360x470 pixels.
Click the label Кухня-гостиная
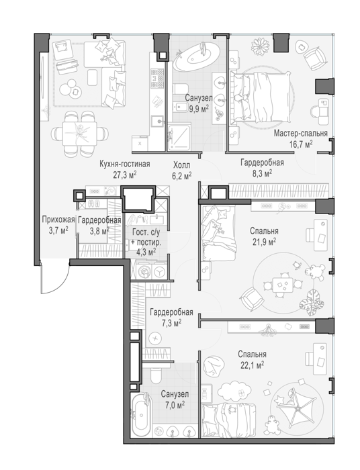pyautogui.click(x=125, y=164)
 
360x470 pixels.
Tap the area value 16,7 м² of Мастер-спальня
pyautogui.click(x=301, y=144)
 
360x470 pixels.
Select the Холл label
pyautogui.click(x=181, y=165)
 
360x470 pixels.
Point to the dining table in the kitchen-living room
pyautogui.click(x=80, y=132)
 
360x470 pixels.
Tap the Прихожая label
pyautogui.click(x=58, y=220)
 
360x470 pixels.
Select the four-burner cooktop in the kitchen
pyautogui.click(x=157, y=79)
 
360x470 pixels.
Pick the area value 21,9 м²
pyautogui.click(x=264, y=242)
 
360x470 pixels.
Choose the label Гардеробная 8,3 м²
pyautogui.click(x=262, y=168)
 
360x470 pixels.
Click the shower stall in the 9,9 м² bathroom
pyautogui.click(x=179, y=137)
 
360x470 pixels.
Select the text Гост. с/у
pyautogui.click(x=146, y=232)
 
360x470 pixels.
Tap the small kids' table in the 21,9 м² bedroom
pyautogui.click(x=282, y=285)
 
